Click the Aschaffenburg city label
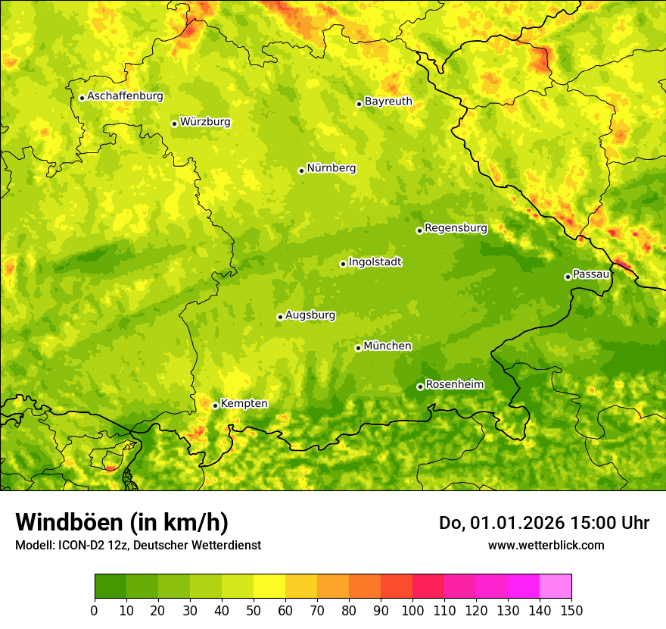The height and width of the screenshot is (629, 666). (125, 96)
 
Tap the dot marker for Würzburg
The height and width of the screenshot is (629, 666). (174, 124)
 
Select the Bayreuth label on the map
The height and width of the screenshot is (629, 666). (388, 101)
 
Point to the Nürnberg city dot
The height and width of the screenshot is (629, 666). (301, 171)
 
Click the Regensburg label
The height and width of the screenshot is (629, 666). (456, 227)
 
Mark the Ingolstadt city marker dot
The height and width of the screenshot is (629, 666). (343, 264)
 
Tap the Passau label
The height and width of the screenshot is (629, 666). (591, 274)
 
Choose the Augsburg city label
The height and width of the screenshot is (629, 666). (310, 314)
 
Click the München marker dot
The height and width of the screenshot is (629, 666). (358, 348)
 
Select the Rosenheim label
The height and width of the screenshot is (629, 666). (454, 384)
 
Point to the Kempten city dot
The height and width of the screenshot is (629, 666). (215, 405)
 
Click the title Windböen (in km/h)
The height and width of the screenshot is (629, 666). (121, 523)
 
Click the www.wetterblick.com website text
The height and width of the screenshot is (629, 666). (546, 545)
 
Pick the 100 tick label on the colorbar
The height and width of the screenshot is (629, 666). (412, 611)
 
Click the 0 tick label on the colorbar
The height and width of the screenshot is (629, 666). (95, 611)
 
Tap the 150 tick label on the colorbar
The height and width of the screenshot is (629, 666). (571, 611)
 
